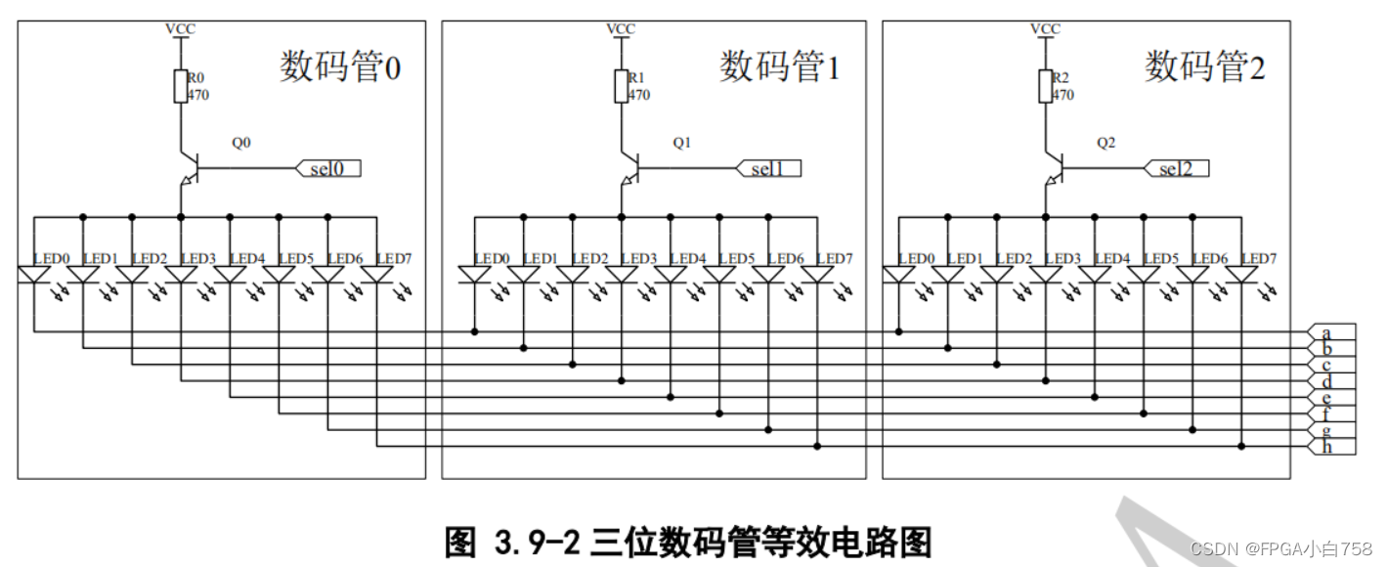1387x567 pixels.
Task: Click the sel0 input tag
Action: click(x=328, y=169)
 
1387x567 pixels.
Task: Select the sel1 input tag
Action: click(x=769, y=169)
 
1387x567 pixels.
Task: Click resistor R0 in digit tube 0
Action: click(x=181, y=86)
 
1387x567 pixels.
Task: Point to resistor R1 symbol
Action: click(x=621, y=86)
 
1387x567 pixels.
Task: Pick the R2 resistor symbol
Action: click(x=1045, y=86)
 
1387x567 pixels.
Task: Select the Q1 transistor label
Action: click(x=681, y=143)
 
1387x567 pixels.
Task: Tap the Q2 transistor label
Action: click(x=1105, y=143)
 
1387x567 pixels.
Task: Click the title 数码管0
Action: click(x=340, y=67)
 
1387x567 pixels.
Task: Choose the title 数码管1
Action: click(x=779, y=67)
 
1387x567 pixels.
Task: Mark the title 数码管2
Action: click(x=1204, y=67)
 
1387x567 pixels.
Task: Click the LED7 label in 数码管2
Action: click(x=1258, y=258)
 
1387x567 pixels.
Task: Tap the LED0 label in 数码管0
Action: click(x=52, y=258)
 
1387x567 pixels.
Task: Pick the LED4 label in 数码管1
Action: click(x=688, y=258)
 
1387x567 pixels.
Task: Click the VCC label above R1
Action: click(x=621, y=28)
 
